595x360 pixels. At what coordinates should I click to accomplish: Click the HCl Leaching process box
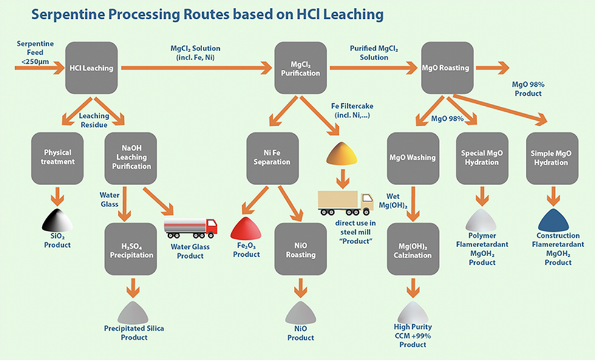pyautogui.click(x=90, y=67)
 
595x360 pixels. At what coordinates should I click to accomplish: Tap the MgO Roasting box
pyautogui.click(x=447, y=67)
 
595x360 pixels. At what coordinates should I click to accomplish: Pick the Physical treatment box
pyautogui.click(x=58, y=157)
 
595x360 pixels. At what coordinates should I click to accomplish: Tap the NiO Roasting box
pyautogui.click(x=301, y=249)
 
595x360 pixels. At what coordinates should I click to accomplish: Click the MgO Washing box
pyautogui.click(x=412, y=157)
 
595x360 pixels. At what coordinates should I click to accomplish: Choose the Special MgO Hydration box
pyautogui.click(x=481, y=157)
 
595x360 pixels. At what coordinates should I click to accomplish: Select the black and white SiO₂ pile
pyautogui.click(x=58, y=220)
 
